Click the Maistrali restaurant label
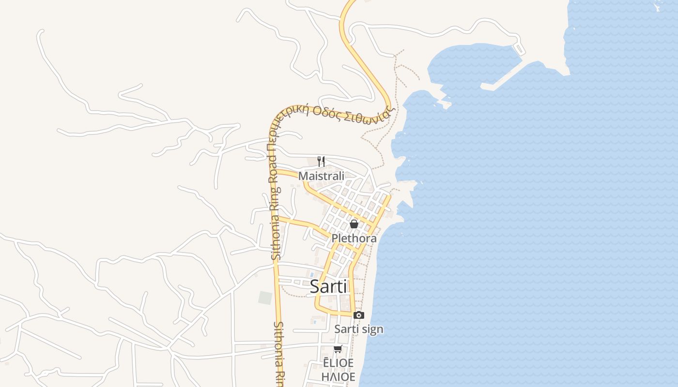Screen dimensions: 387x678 [x=321, y=176]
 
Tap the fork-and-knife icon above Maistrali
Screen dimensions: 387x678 [x=321, y=161]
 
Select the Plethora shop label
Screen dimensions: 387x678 [x=354, y=238]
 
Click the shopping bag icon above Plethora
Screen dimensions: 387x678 [x=354, y=224]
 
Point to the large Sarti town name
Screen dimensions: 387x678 [x=328, y=286]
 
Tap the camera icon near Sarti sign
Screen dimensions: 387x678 [x=359, y=315]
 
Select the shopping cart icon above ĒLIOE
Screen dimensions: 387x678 [x=338, y=349]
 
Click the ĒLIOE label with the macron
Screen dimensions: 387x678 [x=338, y=363]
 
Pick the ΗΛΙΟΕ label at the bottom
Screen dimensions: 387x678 [x=338, y=376]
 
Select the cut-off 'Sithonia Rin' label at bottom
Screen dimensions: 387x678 [x=278, y=353]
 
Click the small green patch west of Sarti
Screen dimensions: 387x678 [x=265, y=298]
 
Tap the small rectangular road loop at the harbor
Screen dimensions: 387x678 [x=519, y=49]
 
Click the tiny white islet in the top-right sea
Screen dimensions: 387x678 [x=659, y=7]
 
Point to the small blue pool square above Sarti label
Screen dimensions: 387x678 [x=312, y=274]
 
